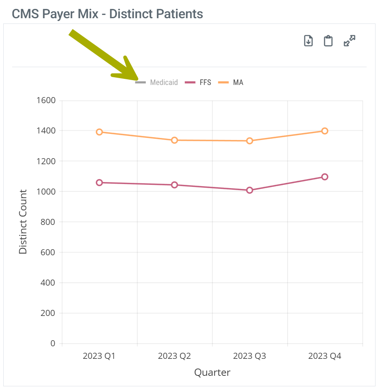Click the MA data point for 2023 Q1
click(x=99, y=132)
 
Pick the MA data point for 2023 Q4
click(x=324, y=131)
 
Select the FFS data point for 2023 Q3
click(x=250, y=190)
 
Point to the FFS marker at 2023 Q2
click(x=175, y=185)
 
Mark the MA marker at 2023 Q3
click(x=250, y=141)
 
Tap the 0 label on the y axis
click(x=53, y=343)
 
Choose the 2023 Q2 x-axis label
click(x=175, y=356)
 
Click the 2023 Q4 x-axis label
click(x=324, y=356)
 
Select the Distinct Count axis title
click(x=23, y=222)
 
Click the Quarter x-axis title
click(x=212, y=372)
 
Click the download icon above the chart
click(x=309, y=41)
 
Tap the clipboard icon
click(x=328, y=41)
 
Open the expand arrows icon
click(x=349, y=41)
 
